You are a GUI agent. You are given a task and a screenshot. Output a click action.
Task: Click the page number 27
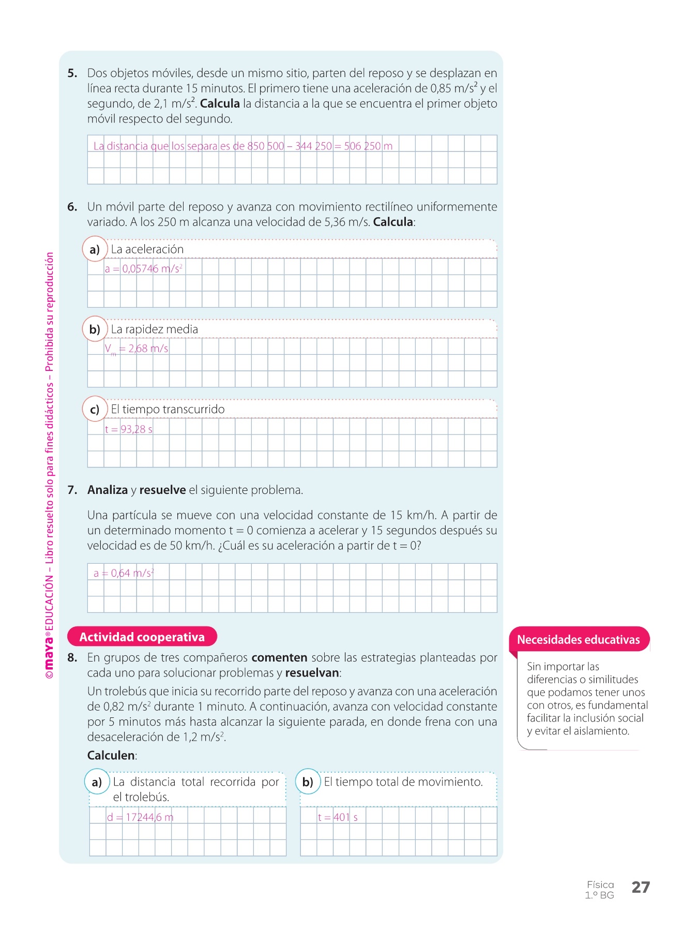tap(641, 887)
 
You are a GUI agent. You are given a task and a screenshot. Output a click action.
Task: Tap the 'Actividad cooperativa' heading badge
tap(142, 637)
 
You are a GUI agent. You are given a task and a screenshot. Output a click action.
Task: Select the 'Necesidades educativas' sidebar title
tap(579, 640)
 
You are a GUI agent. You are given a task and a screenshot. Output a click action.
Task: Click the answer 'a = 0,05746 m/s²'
tap(144, 269)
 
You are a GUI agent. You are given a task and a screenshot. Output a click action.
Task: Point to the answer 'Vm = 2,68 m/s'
tap(136, 349)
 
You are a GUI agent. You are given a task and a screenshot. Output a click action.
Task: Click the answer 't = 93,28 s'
tap(129, 429)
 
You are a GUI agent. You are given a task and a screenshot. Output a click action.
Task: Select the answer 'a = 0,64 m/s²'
tap(124, 573)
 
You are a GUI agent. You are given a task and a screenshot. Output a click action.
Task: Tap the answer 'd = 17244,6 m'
tap(140, 817)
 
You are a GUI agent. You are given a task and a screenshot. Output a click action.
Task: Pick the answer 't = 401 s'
tap(338, 817)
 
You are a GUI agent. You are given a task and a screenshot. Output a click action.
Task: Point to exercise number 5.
tap(72, 73)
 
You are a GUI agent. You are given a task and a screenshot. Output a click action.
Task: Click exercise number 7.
tap(72, 490)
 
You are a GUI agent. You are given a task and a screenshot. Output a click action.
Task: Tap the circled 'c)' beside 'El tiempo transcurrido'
tap(95, 409)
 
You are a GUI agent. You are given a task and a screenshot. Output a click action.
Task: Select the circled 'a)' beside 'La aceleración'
tap(95, 249)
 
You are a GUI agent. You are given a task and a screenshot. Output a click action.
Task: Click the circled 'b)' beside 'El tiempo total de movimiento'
tap(308, 782)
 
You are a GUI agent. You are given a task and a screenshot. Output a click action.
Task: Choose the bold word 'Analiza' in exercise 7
tap(108, 490)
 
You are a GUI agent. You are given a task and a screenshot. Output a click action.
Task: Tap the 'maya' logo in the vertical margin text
tap(49, 653)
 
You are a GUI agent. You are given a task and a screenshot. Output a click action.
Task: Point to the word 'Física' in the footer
tap(600, 884)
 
